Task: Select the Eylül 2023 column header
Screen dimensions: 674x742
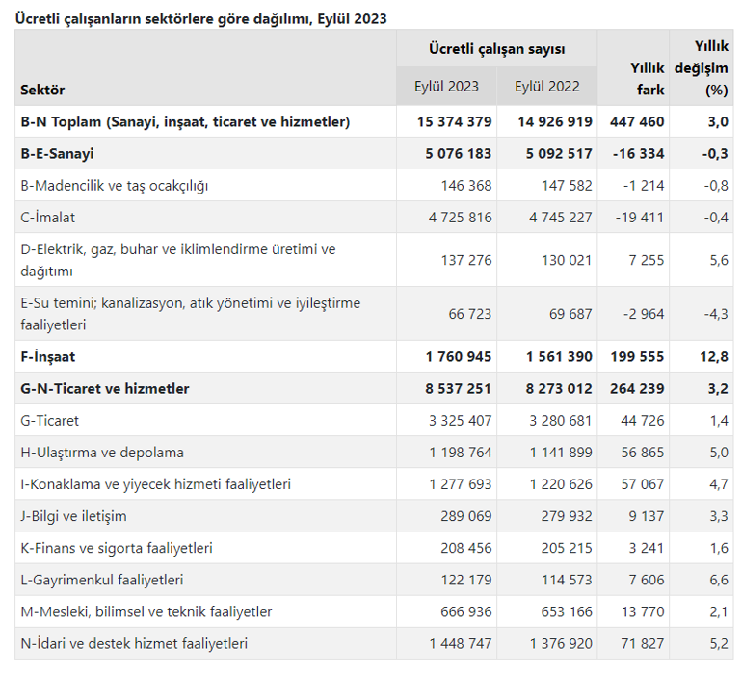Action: point(446,86)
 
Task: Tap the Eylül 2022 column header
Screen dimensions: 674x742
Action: point(547,86)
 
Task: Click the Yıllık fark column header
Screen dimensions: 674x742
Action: point(647,78)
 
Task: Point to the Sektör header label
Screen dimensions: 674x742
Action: point(42,90)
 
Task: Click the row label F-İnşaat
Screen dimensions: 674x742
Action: point(47,356)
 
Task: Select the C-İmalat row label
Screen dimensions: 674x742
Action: point(47,217)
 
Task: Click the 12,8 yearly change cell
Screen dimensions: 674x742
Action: point(715,356)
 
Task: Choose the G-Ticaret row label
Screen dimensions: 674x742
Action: point(49,420)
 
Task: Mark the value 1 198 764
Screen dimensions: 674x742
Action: point(455,452)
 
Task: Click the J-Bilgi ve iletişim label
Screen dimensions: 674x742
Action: point(73,515)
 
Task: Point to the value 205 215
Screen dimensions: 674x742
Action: point(559,547)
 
